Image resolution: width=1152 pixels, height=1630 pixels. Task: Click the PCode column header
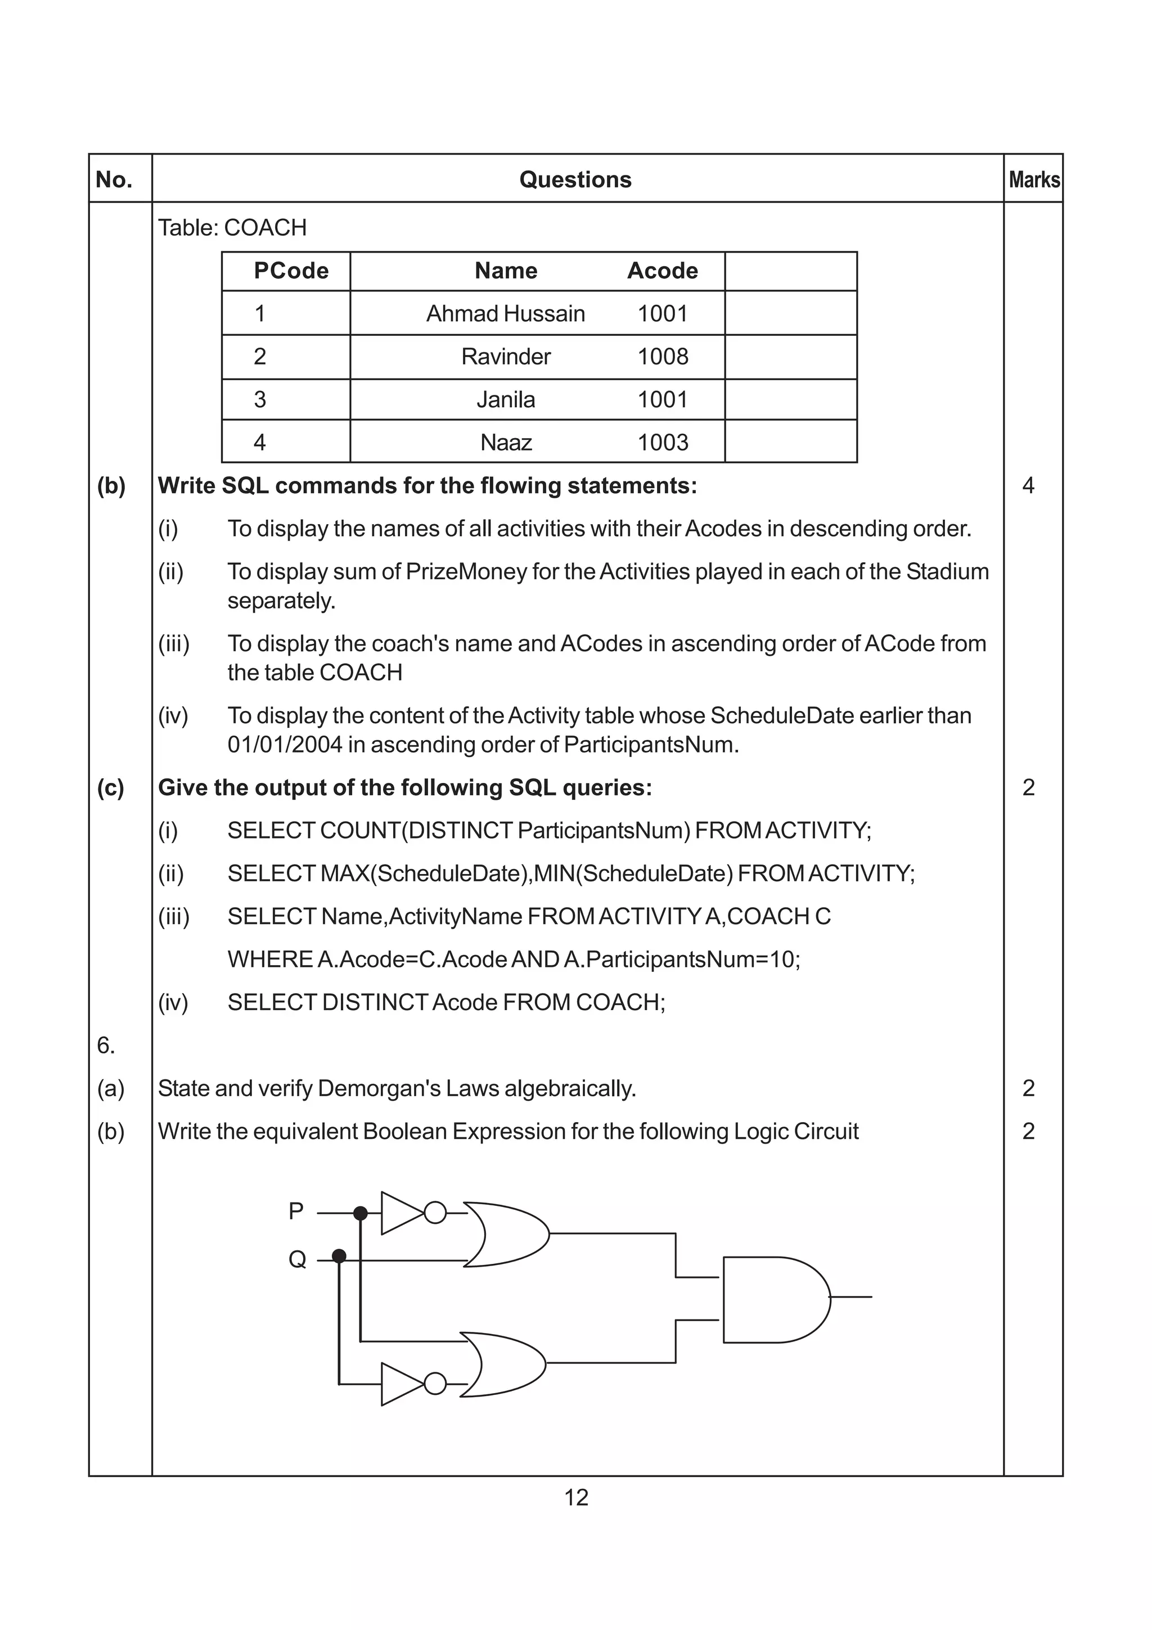click(x=291, y=271)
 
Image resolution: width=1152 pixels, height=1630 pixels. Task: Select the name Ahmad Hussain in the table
click(x=505, y=313)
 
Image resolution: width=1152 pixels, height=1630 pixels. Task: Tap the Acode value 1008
click(x=662, y=357)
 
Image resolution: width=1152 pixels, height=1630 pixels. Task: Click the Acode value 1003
click(x=662, y=442)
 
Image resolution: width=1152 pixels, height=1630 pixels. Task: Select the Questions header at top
click(x=575, y=179)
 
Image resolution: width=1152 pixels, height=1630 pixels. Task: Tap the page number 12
click(x=575, y=1497)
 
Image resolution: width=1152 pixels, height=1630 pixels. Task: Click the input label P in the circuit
click(x=296, y=1210)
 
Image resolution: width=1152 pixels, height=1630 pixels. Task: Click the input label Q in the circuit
click(x=296, y=1259)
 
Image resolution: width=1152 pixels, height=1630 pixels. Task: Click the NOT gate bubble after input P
click(x=435, y=1213)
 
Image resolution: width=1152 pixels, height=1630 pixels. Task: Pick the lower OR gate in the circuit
click(x=502, y=1365)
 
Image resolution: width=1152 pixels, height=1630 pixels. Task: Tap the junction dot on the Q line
click(x=339, y=1256)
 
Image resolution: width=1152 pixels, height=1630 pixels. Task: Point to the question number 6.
click(x=106, y=1045)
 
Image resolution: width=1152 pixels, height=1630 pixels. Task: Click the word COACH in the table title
click(x=265, y=228)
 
